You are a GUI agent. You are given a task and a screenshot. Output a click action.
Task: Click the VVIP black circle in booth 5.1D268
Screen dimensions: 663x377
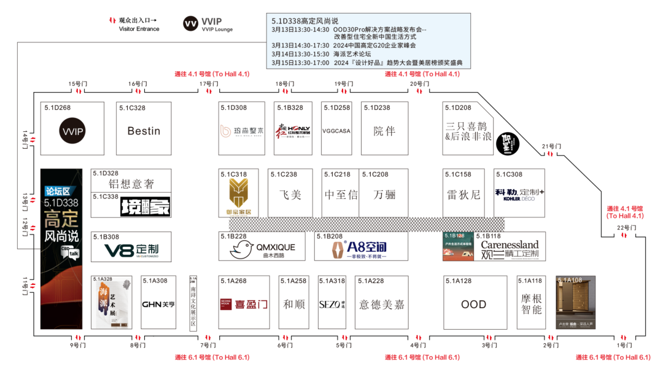tap(72, 131)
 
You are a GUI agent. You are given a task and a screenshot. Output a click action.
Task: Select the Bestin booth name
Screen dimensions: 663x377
tap(144, 131)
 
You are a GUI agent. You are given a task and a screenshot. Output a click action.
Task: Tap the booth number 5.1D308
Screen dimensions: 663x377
tap(233, 107)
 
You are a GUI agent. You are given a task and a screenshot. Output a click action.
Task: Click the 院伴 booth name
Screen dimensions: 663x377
tap(384, 131)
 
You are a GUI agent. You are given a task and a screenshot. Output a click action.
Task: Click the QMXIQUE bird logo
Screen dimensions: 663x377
tap(242, 249)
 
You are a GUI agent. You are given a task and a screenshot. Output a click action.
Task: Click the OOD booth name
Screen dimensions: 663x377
tap(473, 305)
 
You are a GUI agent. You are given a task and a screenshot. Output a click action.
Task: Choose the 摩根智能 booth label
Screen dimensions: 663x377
tap(532, 305)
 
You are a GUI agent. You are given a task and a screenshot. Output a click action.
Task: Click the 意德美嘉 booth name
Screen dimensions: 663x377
tap(382, 305)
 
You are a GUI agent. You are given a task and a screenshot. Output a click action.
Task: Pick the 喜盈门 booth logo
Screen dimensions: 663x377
tap(244, 304)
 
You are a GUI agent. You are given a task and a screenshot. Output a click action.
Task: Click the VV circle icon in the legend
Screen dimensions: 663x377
tap(191, 24)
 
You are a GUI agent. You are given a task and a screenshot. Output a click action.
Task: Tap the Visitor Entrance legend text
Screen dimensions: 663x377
tap(139, 29)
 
